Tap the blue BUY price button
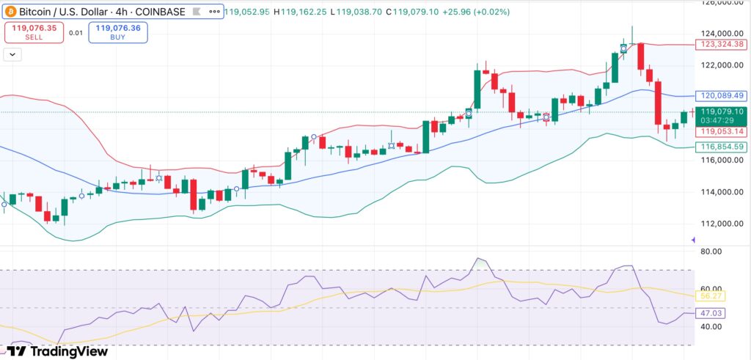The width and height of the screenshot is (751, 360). [x=118, y=32]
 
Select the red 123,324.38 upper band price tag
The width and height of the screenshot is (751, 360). [x=721, y=45]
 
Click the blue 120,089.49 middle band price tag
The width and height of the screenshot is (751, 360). [x=721, y=96]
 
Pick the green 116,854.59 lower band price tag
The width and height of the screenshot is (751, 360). [x=721, y=147]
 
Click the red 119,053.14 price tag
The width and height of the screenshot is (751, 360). [x=721, y=131]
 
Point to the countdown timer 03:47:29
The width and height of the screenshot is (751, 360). [x=721, y=120]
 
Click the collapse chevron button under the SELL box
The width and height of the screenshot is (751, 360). [x=12, y=54]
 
